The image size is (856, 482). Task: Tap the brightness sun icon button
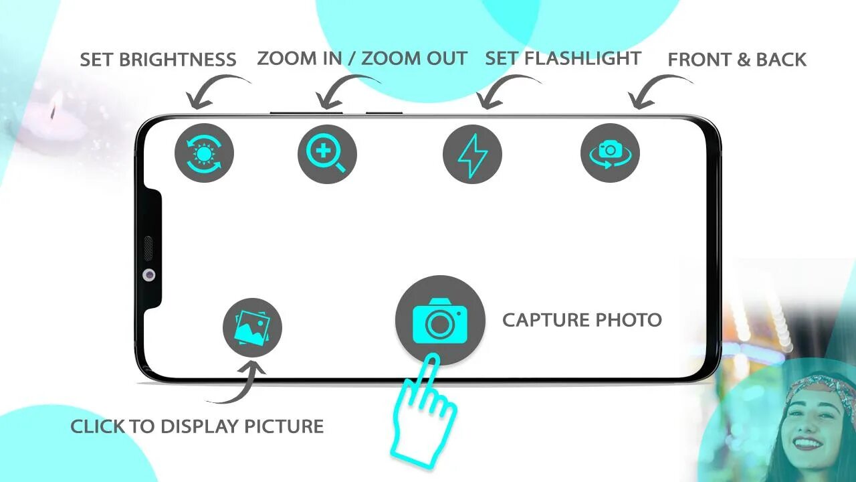204,153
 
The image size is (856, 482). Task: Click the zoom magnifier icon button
327,154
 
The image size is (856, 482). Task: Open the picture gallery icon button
252,327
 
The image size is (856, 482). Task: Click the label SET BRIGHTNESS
158,60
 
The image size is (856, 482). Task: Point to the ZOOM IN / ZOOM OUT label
362,58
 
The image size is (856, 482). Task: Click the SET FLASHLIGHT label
562,58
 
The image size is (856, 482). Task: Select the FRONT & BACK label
737,60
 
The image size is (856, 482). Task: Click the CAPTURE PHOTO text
582,320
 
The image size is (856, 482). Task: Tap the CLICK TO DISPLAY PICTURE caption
197,426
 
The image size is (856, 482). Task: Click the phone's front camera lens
148,274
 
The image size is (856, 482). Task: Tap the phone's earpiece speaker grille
148,247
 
